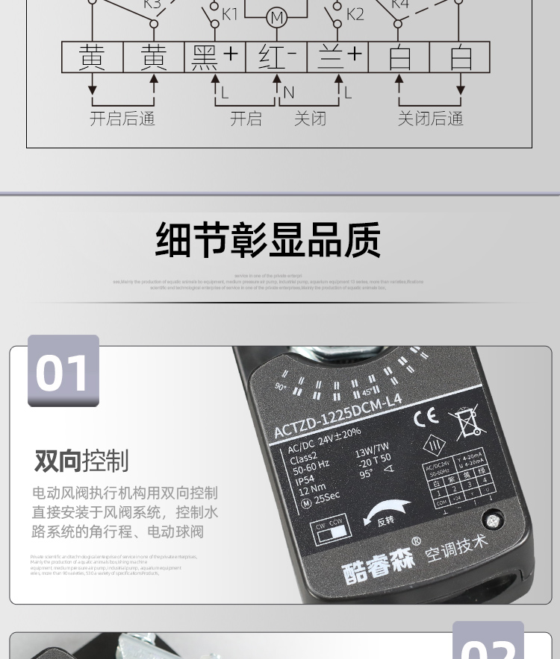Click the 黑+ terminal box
coord(214,57)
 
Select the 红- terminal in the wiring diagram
coord(276,57)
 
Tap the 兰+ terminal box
coord(337,57)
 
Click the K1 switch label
coord(229,14)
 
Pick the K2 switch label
coord(355,14)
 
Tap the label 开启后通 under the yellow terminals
coord(122,119)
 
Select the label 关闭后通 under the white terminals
coord(430,119)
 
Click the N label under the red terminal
coord(289,93)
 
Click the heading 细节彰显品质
coord(268,240)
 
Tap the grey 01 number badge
coord(63,371)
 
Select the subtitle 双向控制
coord(81,461)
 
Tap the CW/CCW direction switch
coord(331,532)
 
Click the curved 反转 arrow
coord(385,512)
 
